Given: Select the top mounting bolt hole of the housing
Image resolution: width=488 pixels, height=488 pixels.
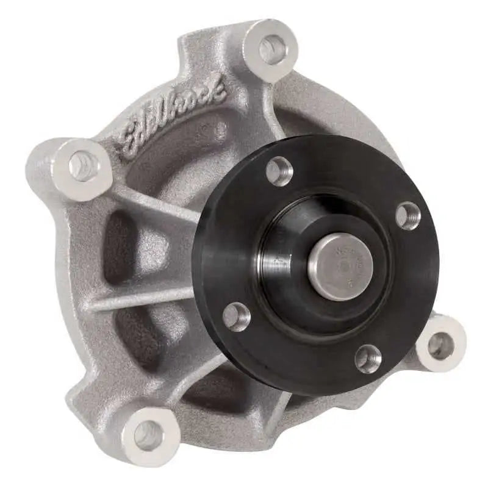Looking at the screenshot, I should pos(272,49).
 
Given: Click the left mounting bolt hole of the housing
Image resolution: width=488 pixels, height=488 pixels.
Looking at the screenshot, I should pos(83,166).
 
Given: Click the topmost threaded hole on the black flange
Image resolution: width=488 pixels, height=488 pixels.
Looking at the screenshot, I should pos(279,171).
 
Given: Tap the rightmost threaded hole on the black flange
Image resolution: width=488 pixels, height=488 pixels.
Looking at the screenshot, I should pos(407,215).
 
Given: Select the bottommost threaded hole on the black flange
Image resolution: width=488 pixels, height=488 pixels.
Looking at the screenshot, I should pos(368,358).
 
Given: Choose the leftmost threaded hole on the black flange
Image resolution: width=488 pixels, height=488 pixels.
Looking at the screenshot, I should pos(236,316).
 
